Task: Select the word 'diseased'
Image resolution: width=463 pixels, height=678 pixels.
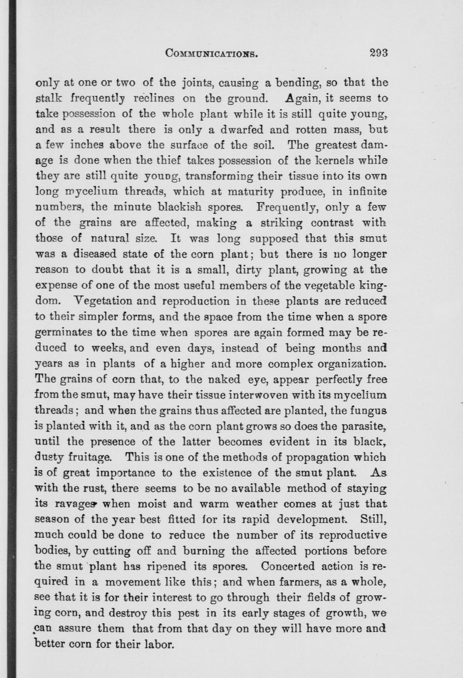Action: coord(95,254)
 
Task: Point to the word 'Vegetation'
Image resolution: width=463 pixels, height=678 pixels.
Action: coord(101,301)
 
